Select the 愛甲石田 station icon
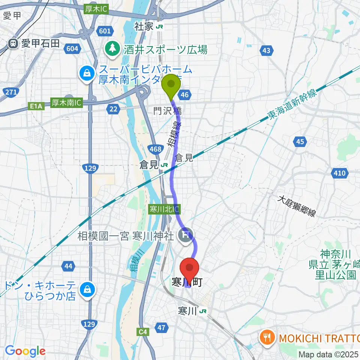(13, 43)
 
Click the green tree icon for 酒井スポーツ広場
(111, 48)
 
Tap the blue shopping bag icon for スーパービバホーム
(87, 73)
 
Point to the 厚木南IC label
(66, 102)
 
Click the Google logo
(25, 351)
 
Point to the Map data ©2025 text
(328, 354)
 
